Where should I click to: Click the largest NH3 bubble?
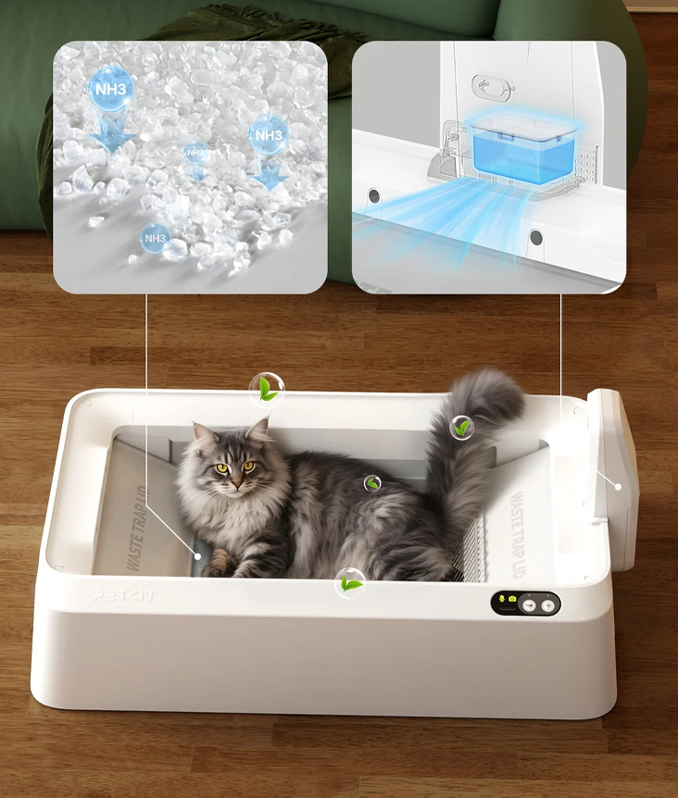point(111,90)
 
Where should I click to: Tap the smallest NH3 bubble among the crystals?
point(195,152)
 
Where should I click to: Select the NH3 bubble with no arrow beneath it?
point(155,239)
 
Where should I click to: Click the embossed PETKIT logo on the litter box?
point(124,597)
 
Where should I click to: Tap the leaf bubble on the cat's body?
point(372,483)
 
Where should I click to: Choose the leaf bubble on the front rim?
point(349,583)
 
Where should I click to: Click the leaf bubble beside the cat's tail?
point(461,428)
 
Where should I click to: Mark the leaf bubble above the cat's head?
point(267,390)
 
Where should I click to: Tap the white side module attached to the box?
point(614,477)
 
